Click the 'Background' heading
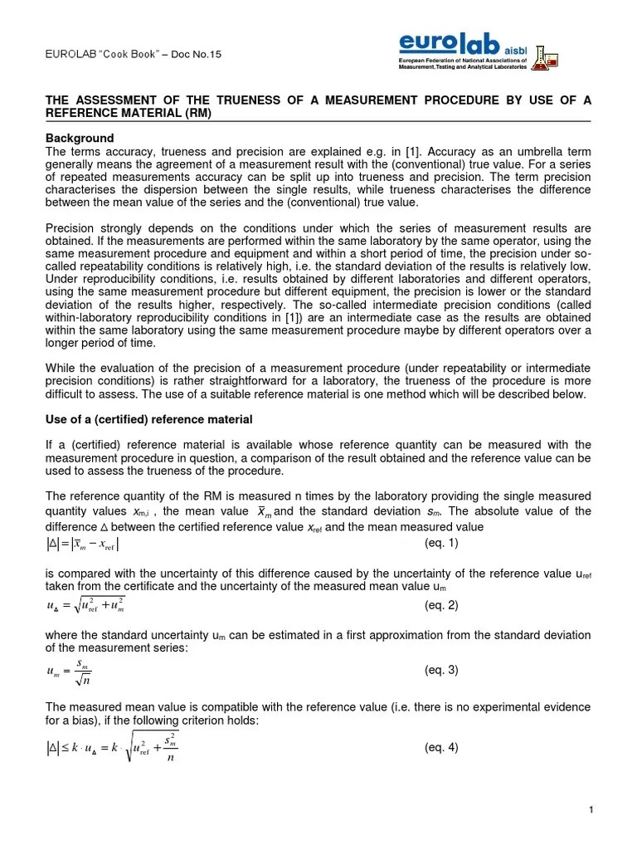[79, 138]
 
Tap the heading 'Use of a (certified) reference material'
[148, 419]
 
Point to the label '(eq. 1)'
[440, 544]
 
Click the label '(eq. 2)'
[440, 605]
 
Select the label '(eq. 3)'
[440, 670]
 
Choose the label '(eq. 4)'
[440, 747]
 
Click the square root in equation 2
[98, 606]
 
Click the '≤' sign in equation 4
[65, 748]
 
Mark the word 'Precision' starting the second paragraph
[69, 228]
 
